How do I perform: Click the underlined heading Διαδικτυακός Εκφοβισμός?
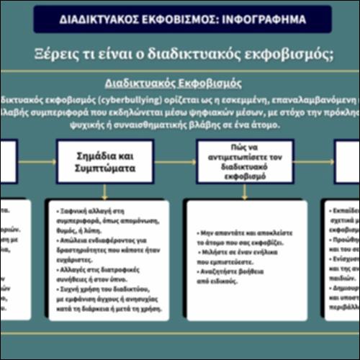173,83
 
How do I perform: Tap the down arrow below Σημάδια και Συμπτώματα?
105,191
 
